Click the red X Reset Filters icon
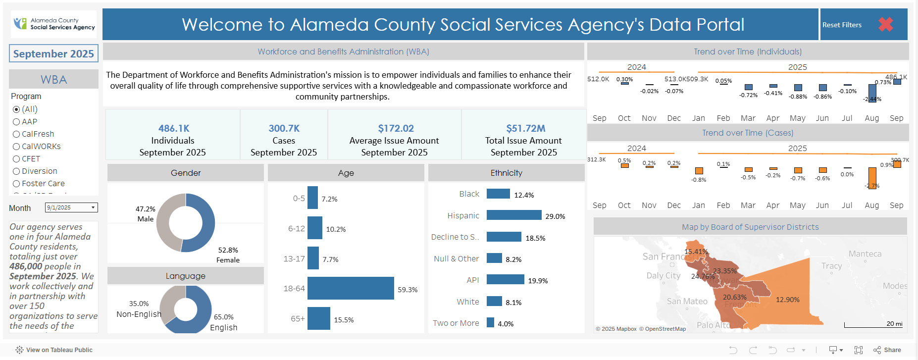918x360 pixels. (x=885, y=24)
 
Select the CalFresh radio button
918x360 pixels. (x=16, y=134)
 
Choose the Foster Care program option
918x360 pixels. (x=16, y=184)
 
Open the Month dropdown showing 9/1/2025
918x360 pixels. (x=71, y=207)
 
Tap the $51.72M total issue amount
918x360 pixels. (x=525, y=128)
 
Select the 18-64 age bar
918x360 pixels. (x=351, y=288)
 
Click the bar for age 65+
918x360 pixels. (x=318, y=318)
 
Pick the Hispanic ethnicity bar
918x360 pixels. (x=513, y=215)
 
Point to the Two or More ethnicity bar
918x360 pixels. (x=490, y=322)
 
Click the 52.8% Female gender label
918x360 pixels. (x=228, y=255)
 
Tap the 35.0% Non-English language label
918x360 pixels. (x=139, y=309)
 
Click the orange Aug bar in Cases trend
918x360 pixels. (x=872, y=178)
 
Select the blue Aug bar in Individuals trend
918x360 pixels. (x=872, y=93)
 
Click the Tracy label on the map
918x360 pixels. (x=831, y=266)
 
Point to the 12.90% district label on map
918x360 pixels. (x=787, y=300)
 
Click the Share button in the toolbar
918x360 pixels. (x=887, y=350)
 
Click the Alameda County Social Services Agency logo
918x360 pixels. (x=54, y=24)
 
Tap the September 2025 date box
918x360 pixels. (x=53, y=53)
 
